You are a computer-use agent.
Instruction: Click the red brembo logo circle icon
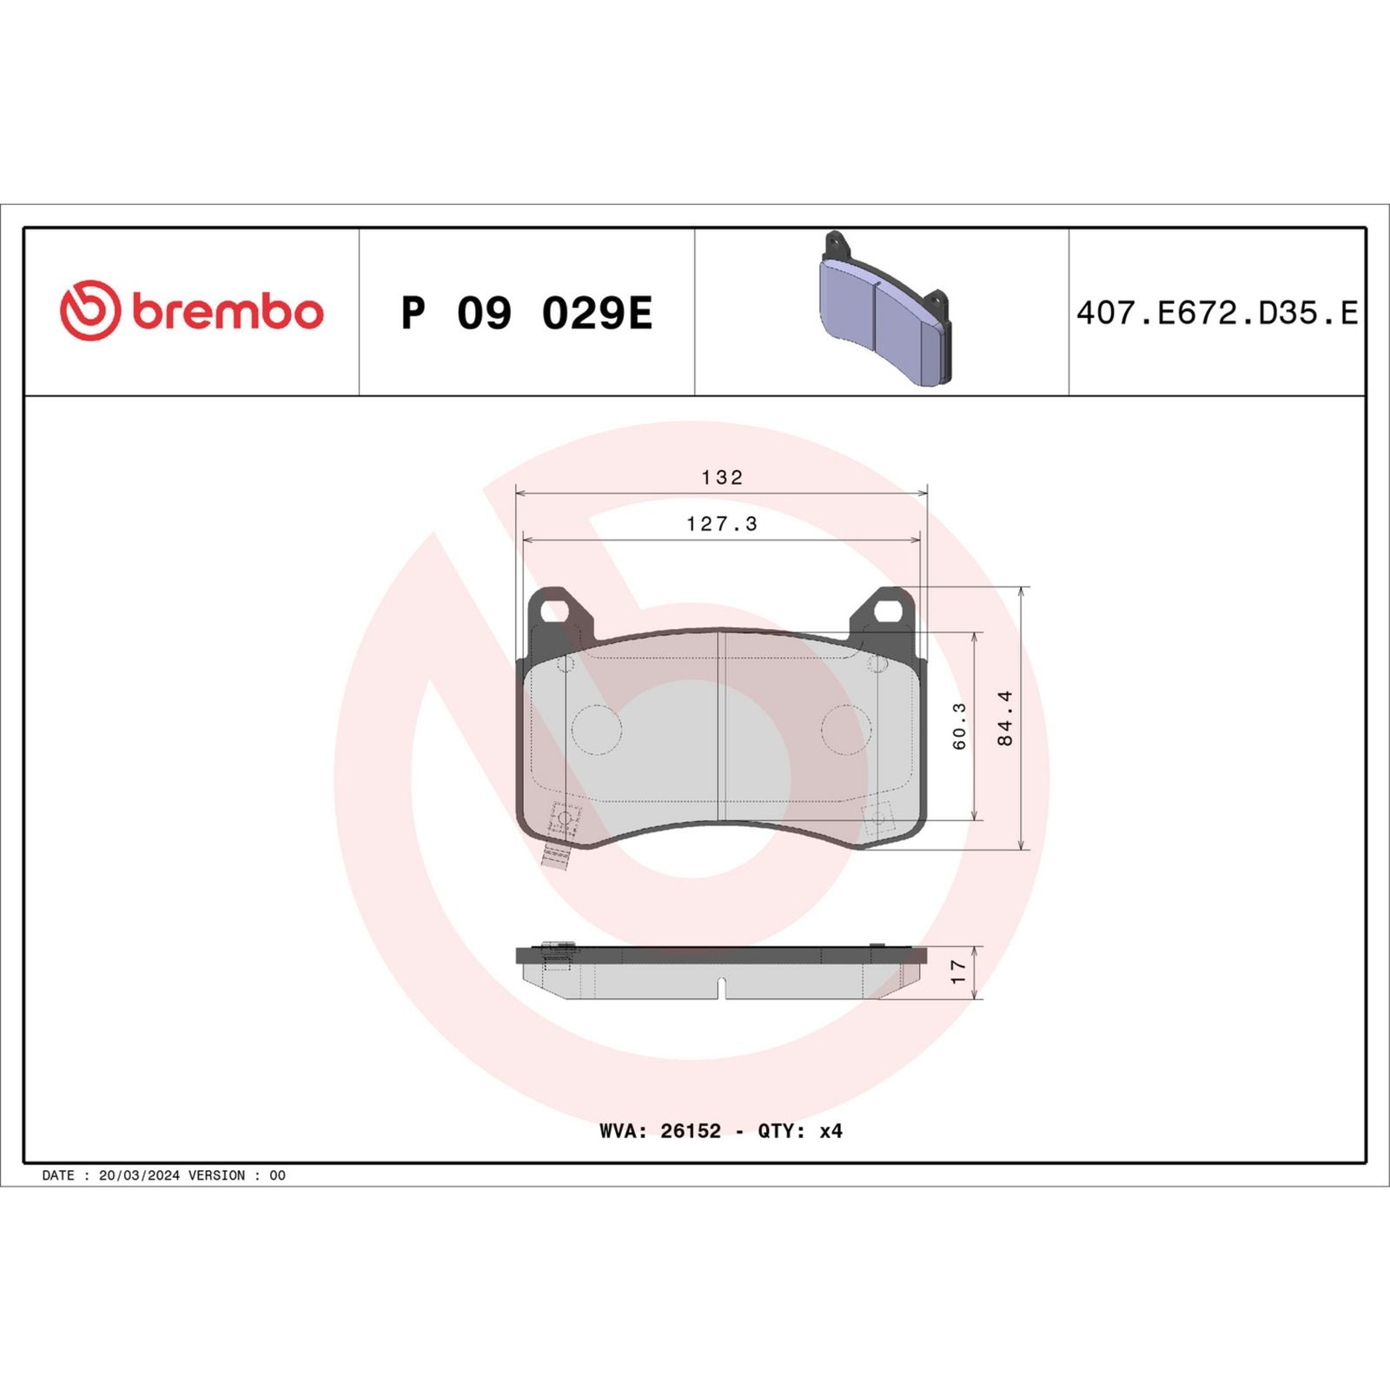(89, 310)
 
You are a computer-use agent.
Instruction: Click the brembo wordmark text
(228, 312)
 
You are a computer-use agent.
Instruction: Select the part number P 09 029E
(526, 313)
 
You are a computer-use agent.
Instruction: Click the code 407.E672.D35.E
(1216, 313)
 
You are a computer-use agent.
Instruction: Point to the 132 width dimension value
(722, 477)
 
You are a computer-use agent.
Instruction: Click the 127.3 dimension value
(722, 524)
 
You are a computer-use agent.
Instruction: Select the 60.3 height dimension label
(959, 726)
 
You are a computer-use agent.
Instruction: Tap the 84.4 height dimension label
(1005, 718)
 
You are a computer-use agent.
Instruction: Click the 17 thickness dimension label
(957, 971)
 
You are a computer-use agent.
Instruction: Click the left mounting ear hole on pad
(553, 611)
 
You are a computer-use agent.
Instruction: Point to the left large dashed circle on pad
(597, 729)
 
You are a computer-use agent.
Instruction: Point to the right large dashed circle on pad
(846, 729)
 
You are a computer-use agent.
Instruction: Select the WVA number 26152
(691, 1131)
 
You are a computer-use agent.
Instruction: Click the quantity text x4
(831, 1131)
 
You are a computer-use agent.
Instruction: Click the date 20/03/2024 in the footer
(139, 1175)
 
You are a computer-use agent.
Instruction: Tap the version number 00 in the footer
(277, 1175)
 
